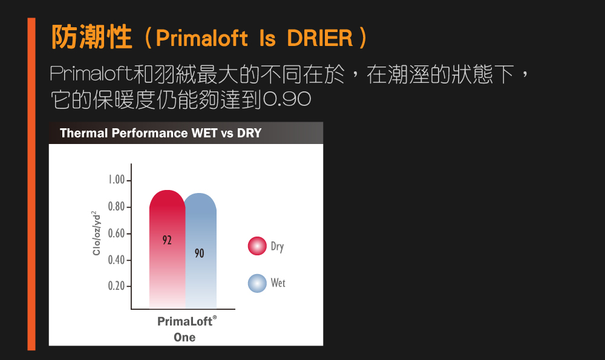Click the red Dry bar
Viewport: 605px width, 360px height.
click(167, 249)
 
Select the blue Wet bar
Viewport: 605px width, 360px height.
click(201, 251)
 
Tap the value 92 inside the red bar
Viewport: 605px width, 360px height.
click(167, 240)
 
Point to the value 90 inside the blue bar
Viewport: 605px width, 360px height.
click(199, 253)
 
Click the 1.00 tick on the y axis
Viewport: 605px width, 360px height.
click(117, 180)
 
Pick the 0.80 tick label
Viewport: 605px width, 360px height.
click(117, 207)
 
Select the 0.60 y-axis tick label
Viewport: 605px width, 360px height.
click(117, 234)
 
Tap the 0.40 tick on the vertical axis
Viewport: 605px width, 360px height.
click(117, 260)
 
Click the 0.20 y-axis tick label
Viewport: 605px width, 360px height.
click(117, 286)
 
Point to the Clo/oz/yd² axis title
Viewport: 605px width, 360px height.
click(96, 233)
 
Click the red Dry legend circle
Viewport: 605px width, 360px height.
click(257, 246)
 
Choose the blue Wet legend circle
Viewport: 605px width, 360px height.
click(257, 283)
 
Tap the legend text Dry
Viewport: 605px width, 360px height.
click(278, 247)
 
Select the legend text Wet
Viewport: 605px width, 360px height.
click(278, 283)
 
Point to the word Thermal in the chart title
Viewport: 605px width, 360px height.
click(83, 133)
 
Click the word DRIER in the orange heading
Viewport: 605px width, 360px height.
click(320, 38)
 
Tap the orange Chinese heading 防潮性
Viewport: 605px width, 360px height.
click(92, 37)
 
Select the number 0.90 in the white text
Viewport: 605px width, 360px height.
click(287, 100)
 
